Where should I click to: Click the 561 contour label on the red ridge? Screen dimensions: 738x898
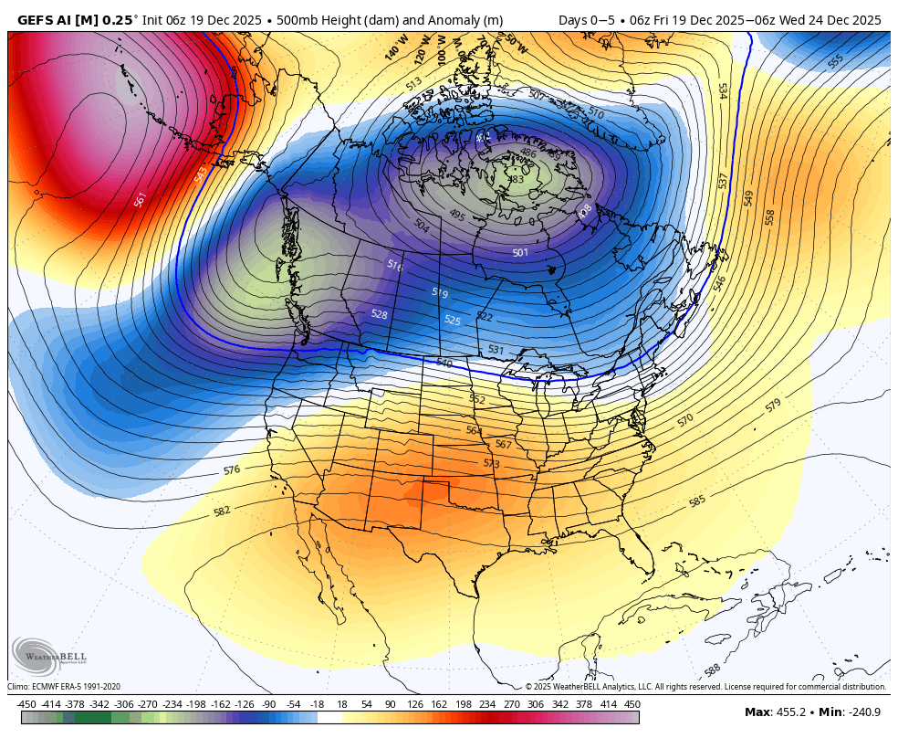tap(140, 199)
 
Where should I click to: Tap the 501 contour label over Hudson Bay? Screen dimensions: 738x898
tap(520, 253)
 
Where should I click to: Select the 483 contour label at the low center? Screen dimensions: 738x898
tap(516, 180)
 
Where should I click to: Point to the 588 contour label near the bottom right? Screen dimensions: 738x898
tap(714, 670)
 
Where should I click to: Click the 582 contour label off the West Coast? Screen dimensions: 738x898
tap(222, 511)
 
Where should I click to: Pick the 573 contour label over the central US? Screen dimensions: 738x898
tap(492, 464)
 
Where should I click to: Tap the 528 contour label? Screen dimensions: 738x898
tap(379, 314)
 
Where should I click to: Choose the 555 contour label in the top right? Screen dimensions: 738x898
tap(835, 61)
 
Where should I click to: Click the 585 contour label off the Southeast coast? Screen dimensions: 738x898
tap(697, 501)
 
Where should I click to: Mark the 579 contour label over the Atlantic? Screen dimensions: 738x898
tap(773, 405)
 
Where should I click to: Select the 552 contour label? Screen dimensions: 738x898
tap(477, 399)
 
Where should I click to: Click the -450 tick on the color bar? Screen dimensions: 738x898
tap(26, 704)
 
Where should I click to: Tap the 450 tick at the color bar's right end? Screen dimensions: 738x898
tap(632, 704)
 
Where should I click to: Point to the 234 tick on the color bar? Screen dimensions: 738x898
tap(486, 704)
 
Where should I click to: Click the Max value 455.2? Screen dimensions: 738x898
tap(788, 712)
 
